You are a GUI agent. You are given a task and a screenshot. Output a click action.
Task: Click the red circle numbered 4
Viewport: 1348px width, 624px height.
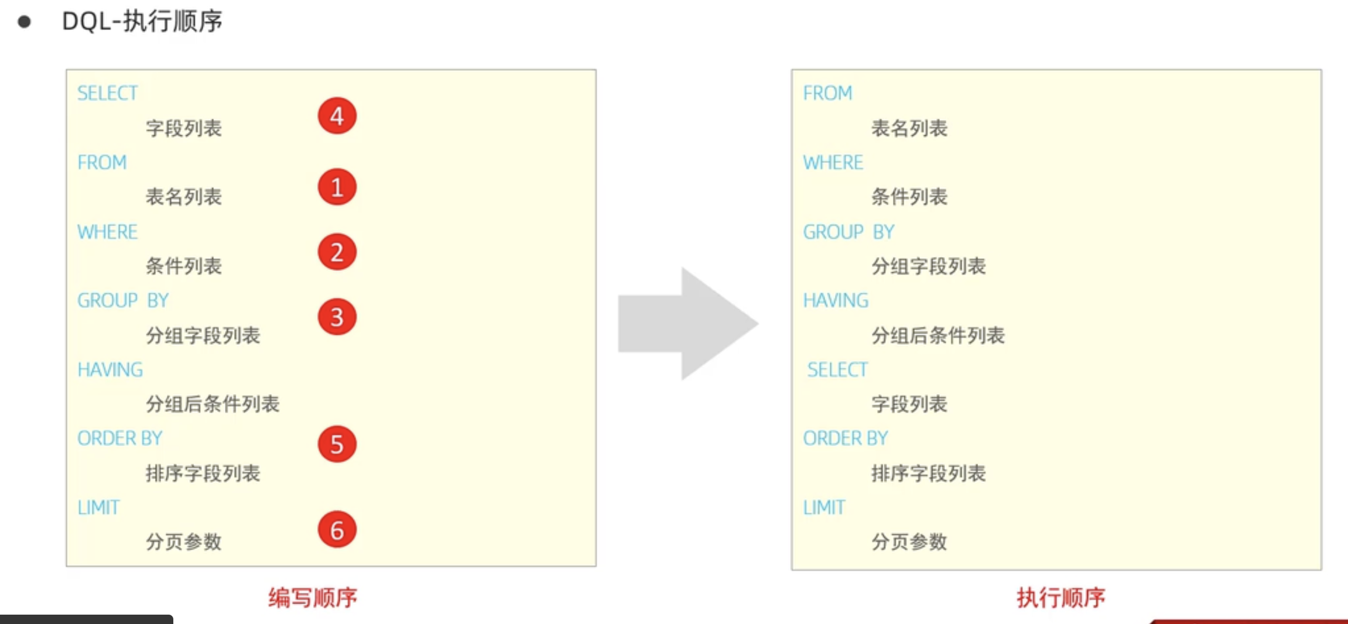337,116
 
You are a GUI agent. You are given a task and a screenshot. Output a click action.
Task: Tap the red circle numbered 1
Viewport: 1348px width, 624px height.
337,187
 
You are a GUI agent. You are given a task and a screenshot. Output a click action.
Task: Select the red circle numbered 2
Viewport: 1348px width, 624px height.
337,252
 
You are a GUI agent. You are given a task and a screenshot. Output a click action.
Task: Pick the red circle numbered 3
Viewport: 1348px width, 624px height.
337,317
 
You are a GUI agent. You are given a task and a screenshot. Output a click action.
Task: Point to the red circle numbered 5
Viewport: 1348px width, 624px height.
337,444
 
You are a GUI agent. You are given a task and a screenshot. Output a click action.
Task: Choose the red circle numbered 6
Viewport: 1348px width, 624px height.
337,530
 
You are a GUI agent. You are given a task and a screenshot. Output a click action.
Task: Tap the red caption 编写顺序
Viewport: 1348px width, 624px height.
313,598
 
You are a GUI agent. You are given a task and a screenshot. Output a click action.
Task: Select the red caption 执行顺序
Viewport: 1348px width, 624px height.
1060,598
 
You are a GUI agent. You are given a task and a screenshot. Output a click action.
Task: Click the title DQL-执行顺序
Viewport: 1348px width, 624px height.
142,22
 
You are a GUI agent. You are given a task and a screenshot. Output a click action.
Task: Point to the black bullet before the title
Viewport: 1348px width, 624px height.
24,22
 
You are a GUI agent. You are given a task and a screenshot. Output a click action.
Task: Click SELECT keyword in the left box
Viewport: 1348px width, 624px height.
108,93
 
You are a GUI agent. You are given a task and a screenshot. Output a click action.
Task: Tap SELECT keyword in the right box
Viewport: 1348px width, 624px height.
837,370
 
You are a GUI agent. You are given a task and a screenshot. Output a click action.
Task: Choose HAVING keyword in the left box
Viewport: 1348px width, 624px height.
110,370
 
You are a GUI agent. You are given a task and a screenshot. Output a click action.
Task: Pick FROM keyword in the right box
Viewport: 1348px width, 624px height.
827,93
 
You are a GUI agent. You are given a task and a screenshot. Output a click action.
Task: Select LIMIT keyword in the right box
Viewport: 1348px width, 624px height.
824,508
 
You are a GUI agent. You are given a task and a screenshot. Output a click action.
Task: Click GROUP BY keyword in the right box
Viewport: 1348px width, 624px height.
849,232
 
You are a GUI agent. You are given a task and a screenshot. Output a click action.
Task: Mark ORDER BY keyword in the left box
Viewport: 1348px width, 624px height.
119,438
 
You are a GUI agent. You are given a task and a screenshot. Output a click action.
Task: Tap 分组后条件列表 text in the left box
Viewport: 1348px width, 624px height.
213,404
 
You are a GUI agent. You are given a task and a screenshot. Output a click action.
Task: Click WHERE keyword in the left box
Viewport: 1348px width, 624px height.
108,232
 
